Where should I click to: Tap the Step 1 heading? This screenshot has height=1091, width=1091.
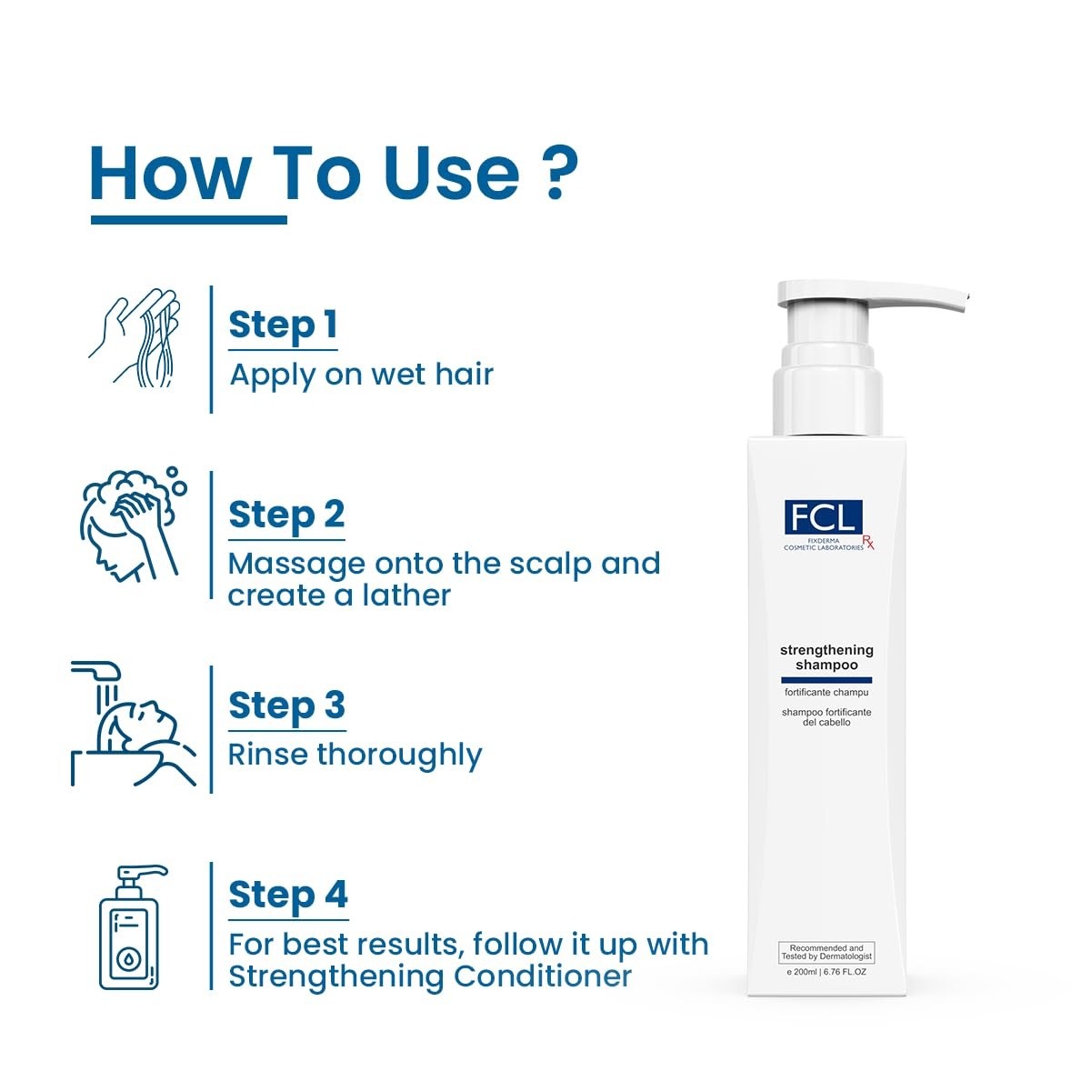coord(283,325)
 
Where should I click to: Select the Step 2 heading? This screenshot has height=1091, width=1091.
coord(286,515)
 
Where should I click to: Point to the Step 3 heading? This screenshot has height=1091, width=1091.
coord(287,706)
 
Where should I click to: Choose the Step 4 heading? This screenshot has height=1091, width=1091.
coord(288,896)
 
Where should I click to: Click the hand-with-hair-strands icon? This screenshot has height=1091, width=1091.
coord(135,338)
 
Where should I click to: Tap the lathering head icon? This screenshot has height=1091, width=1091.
coord(134,524)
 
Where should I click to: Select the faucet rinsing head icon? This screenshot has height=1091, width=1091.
coord(134,724)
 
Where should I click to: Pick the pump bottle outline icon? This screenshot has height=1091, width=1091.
coord(134,927)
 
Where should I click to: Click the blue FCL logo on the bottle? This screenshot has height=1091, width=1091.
coord(823,516)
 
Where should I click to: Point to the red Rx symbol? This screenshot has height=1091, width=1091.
coord(868,542)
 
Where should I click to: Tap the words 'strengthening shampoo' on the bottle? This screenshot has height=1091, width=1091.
coord(826,657)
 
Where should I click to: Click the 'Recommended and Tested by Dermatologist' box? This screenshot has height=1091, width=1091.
coord(826,952)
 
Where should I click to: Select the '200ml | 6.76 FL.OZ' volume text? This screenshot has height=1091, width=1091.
coord(826,972)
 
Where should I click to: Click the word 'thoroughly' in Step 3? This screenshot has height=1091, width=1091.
coord(399,756)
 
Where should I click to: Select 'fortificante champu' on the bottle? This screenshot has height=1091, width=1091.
coord(826,693)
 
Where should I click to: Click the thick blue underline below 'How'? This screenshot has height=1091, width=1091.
coord(189,220)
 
